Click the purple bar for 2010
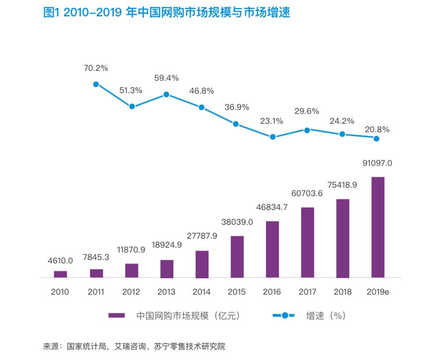point(60,274)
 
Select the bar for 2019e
point(377,227)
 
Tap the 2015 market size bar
point(237,257)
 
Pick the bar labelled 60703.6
point(308,242)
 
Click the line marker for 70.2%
point(96,84)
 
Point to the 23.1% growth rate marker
point(272,137)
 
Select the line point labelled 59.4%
point(166,94)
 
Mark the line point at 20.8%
point(376,139)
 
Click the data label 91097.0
point(377,163)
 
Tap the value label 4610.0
point(60,260)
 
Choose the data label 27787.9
point(202,236)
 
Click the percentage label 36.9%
point(237,107)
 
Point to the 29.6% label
point(307,111)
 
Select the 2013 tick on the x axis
point(166,292)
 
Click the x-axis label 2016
point(272,292)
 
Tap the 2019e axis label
point(377,292)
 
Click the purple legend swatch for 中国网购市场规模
point(117,315)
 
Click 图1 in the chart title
point(51,13)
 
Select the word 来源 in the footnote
point(51,346)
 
